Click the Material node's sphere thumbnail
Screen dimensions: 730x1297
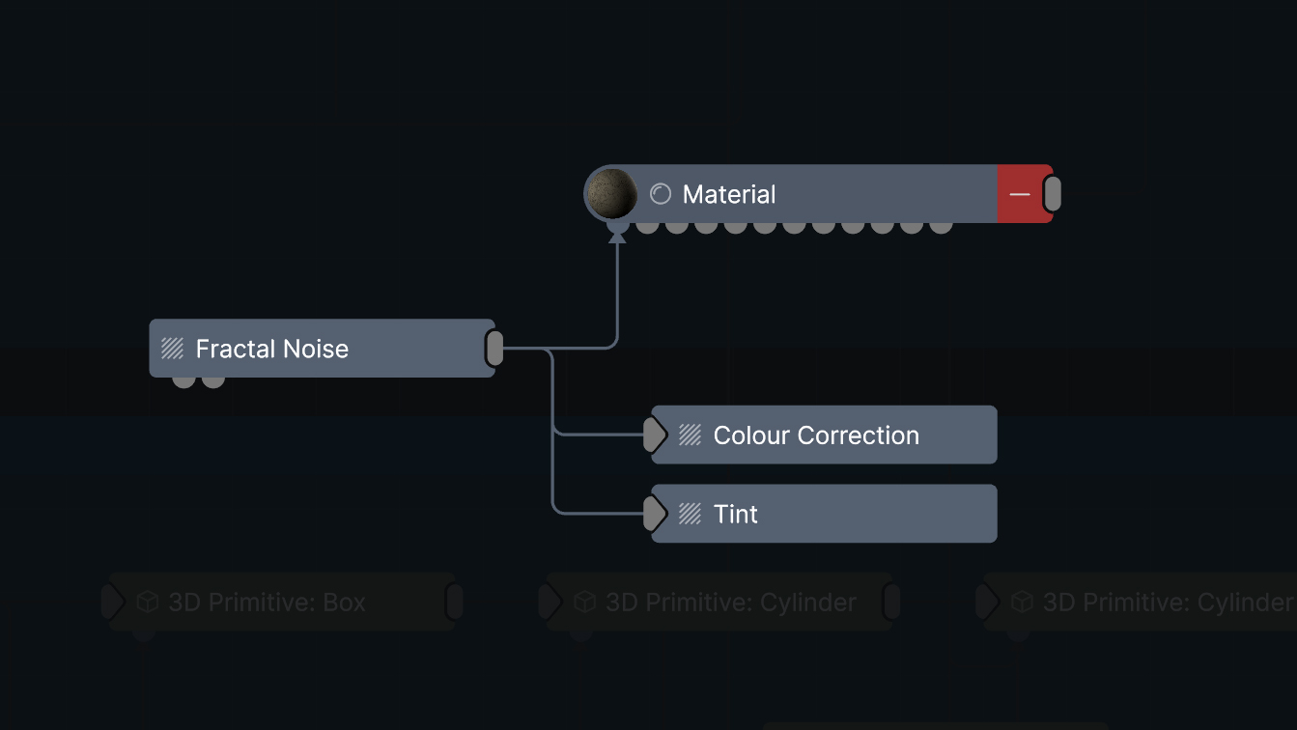[612, 194]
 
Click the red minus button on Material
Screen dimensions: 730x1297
[1020, 194]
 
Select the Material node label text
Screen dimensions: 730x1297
[728, 194]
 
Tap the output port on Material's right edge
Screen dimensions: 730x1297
[1053, 194]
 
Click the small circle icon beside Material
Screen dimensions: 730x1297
[661, 194]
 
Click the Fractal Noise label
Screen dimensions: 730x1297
[271, 349]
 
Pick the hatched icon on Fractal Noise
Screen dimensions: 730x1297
[173, 349]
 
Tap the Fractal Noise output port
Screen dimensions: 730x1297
[494, 349]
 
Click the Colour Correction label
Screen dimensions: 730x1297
[815, 435]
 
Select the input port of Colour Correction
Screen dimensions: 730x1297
[655, 435]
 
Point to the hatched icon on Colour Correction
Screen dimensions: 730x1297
[690, 435]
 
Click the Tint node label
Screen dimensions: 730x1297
[735, 514]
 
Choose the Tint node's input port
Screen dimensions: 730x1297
[655, 514]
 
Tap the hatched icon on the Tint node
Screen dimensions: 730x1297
[690, 514]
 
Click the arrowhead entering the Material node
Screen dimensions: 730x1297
[617, 236]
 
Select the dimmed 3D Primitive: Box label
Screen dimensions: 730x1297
[267, 603]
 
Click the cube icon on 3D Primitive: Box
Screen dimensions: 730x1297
[147, 603]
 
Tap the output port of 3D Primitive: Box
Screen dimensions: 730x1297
[454, 603]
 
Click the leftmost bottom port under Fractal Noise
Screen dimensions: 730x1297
[183, 380]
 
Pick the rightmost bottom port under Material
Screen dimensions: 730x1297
[941, 226]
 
